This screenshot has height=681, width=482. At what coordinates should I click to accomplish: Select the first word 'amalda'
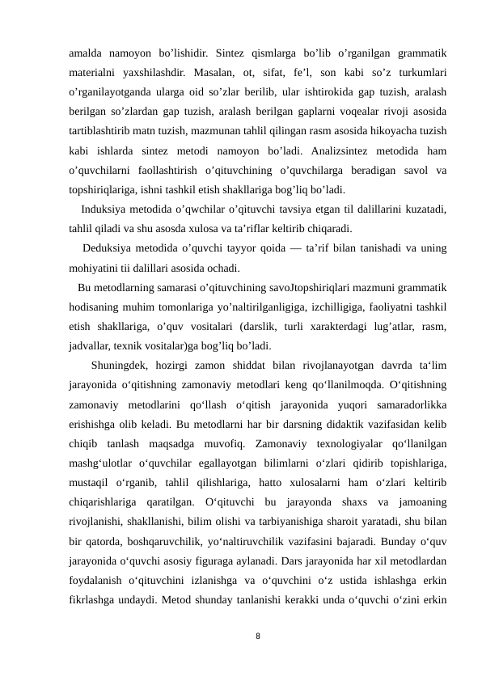[x=87, y=55]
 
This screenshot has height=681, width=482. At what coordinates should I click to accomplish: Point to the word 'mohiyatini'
[x=94, y=268]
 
